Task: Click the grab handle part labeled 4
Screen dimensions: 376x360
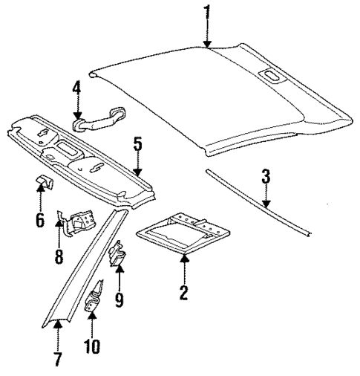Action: (101, 113)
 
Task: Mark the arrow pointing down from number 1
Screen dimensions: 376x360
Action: (208, 33)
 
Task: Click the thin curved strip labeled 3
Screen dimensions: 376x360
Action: (260, 207)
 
